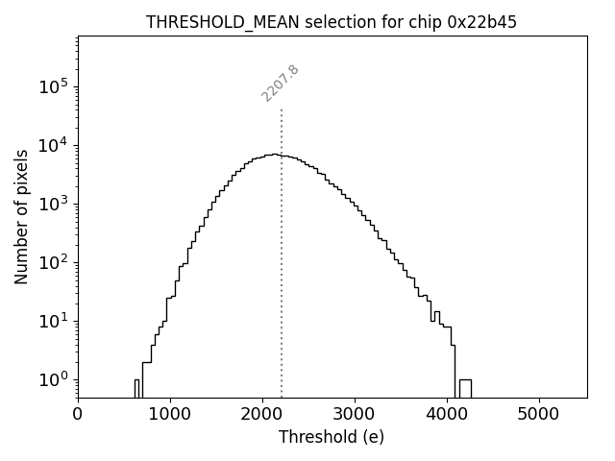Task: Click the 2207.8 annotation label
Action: click(280, 84)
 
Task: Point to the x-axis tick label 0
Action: click(78, 414)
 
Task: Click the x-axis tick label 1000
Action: click(170, 414)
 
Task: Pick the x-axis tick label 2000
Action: click(262, 414)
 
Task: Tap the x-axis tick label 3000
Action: click(355, 414)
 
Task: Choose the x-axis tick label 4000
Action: click(447, 414)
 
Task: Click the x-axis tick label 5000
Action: click(538, 414)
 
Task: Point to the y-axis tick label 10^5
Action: click(52, 86)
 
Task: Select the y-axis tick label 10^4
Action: click(52, 145)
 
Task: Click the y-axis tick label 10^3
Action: click(52, 204)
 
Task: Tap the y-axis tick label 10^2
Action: click(52, 262)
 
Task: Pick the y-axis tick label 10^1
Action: click(52, 321)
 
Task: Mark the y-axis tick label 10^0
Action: click(52, 379)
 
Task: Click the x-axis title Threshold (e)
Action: click(332, 437)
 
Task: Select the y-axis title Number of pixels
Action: click(21, 216)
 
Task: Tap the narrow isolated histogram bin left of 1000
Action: click(136, 387)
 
